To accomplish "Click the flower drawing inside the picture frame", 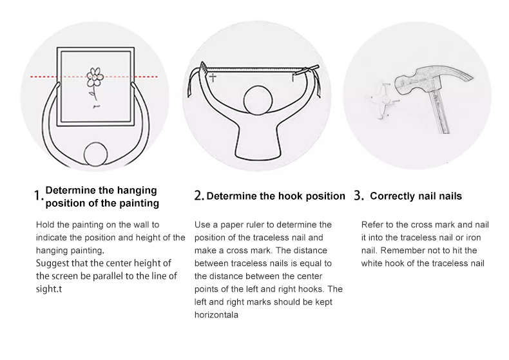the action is click(x=95, y=81).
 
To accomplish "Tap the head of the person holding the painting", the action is click(x=95, y=155).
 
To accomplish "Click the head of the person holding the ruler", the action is click(x=258, y=100).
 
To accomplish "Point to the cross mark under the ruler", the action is click(x=213, y=77).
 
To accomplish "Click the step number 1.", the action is click(x=38, y=196).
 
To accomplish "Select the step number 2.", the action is click(x=199, y=196).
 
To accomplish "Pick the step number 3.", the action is click(x=358, y=196).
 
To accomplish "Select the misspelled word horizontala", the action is click(x=216, y=314).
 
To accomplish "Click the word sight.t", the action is click(x=49, y=289).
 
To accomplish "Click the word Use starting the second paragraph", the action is click(x=202, y=224).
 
